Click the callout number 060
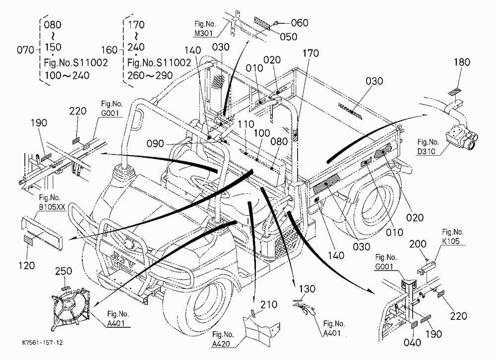click(x=299, y=23)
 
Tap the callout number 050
click(x=288, y=37)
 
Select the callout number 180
click(x=462, y=62)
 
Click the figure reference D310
click(x=426, y=151)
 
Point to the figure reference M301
click(x=203, y=33)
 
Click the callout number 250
click(x=63, y=271)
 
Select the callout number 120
click(x=26, y=265)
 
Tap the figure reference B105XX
click(x=52, y=207)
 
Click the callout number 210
click(x=269, y=304)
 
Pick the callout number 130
click(x=307, y=289)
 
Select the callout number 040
click(x=412, y=342)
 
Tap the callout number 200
click(x=418, y=244)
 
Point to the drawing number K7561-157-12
click(x=42, y=343)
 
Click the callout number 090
click(x=155, y=144)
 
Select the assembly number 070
click(x=26, y=50)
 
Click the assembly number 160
click(x=110, y=50)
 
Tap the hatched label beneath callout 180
click(x=456, y=91)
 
